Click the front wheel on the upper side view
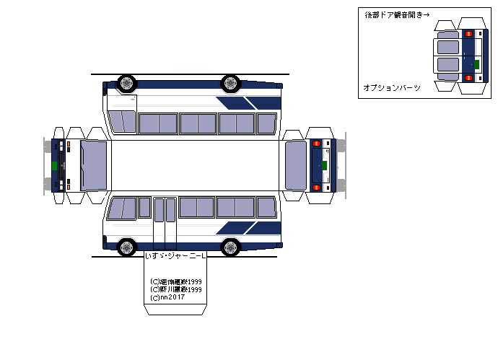127,83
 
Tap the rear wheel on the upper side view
231,82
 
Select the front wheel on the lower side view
127,247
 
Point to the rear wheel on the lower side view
231,247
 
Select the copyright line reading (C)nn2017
167,297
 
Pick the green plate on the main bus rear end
324,165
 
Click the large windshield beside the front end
93,165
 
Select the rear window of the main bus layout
296,165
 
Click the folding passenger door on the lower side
165,221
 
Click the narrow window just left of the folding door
144,208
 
